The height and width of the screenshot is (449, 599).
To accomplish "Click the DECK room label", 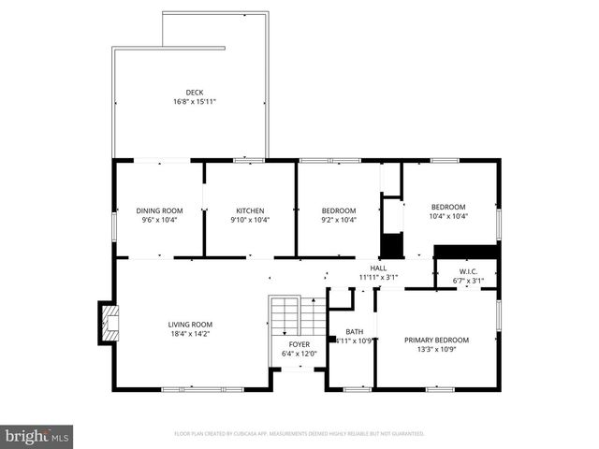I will [x=194, y=92].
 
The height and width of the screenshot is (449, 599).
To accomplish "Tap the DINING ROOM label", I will [x=160, y=210].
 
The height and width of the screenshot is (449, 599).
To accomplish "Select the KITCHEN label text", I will [x=250, y=210].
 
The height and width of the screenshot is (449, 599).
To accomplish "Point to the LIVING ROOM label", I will [x=190, y=324].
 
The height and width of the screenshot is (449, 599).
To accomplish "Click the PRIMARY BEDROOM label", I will [x=436, y=340].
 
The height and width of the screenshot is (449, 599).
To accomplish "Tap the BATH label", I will [x=354, y=331].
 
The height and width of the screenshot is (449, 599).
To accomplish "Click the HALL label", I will [x=378, y=268].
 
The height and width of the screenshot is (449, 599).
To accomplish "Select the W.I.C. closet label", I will [x=468, y=272].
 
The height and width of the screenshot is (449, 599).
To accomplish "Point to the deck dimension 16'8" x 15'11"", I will [x=194, y=101].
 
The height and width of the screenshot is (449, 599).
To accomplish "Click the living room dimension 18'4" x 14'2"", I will [x=190, y=333].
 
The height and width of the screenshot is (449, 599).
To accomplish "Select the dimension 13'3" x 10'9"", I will [x=436, y=350].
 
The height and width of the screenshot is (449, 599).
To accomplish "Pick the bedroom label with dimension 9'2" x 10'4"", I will [x=339, y=210].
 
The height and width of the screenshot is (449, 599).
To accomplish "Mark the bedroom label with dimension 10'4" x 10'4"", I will [x=448, y=207].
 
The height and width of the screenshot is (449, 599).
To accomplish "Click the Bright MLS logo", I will [x=37, y=436].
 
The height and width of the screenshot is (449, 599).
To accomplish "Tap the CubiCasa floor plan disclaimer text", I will [x=299, y=434].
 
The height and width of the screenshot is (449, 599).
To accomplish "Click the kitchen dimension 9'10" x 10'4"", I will [x=250, y=220].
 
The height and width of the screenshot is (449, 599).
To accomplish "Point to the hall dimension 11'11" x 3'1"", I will [x=378, y=277].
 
